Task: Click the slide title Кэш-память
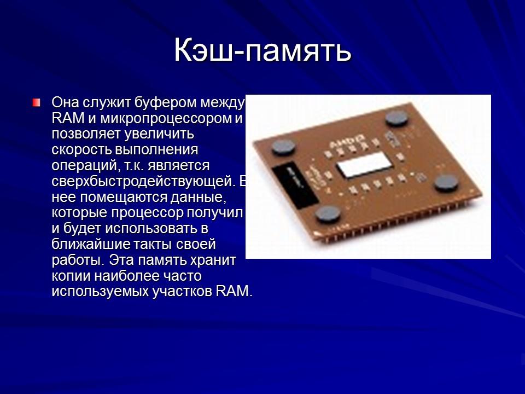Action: point(262,51)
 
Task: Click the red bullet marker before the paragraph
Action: point(36,102)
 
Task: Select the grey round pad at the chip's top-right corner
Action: point(396,118)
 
